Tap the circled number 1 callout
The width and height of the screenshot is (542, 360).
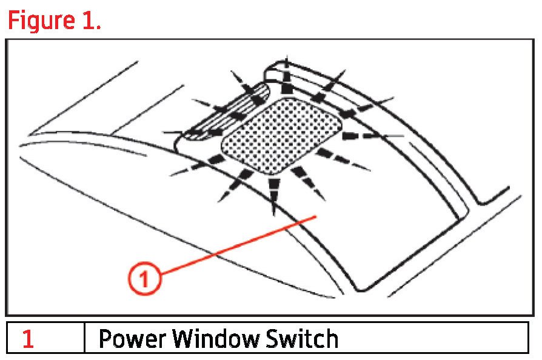144,279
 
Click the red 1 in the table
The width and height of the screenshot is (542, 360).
28,338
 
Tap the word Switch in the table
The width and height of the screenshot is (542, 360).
303,338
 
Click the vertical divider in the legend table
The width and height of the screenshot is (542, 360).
84,338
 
